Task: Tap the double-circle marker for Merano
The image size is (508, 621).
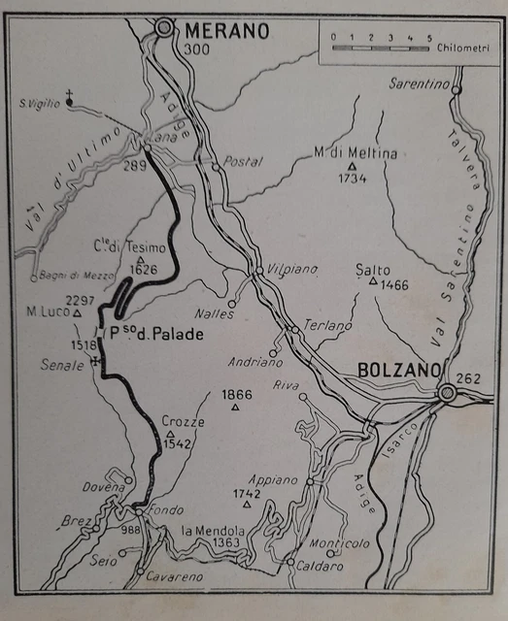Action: [164, 28]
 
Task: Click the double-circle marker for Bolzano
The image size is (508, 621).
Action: [447, 393]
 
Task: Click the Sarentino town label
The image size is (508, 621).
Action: [419, 84]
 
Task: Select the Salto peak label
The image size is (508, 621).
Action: [373, 270]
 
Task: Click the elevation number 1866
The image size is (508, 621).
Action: [236, 394]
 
